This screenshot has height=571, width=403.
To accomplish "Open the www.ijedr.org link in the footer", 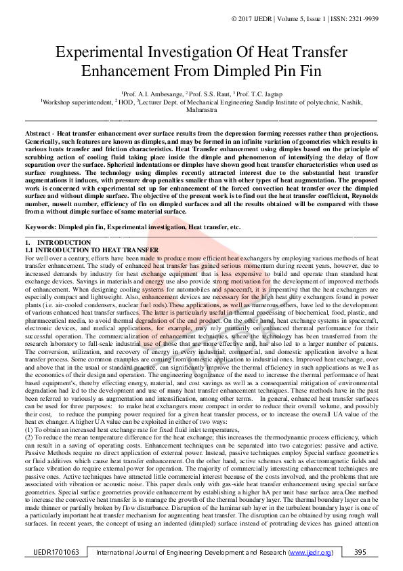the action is pyautogui.click(x=310, y=553).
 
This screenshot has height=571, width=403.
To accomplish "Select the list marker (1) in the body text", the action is pyautogui.click(x=28, y=429).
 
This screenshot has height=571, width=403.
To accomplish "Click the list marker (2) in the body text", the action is pyautogui.click(x=28, y=437).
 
